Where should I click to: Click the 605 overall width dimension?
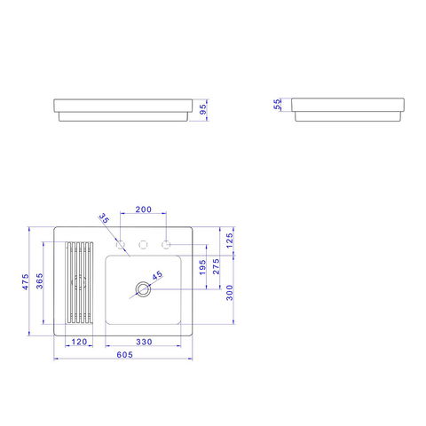click(124, 354)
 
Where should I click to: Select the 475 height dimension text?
click(26, 281)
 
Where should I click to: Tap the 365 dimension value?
click(39, 281)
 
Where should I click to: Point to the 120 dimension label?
click(79, 342)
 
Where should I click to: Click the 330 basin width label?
click(144, 342)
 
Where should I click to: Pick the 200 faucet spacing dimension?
click(144, 209)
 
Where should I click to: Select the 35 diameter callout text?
click(104, 218)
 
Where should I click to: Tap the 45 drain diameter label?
click(157, 275)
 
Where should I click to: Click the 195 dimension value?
click(202, 267)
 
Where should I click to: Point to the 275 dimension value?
click(217, 266)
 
